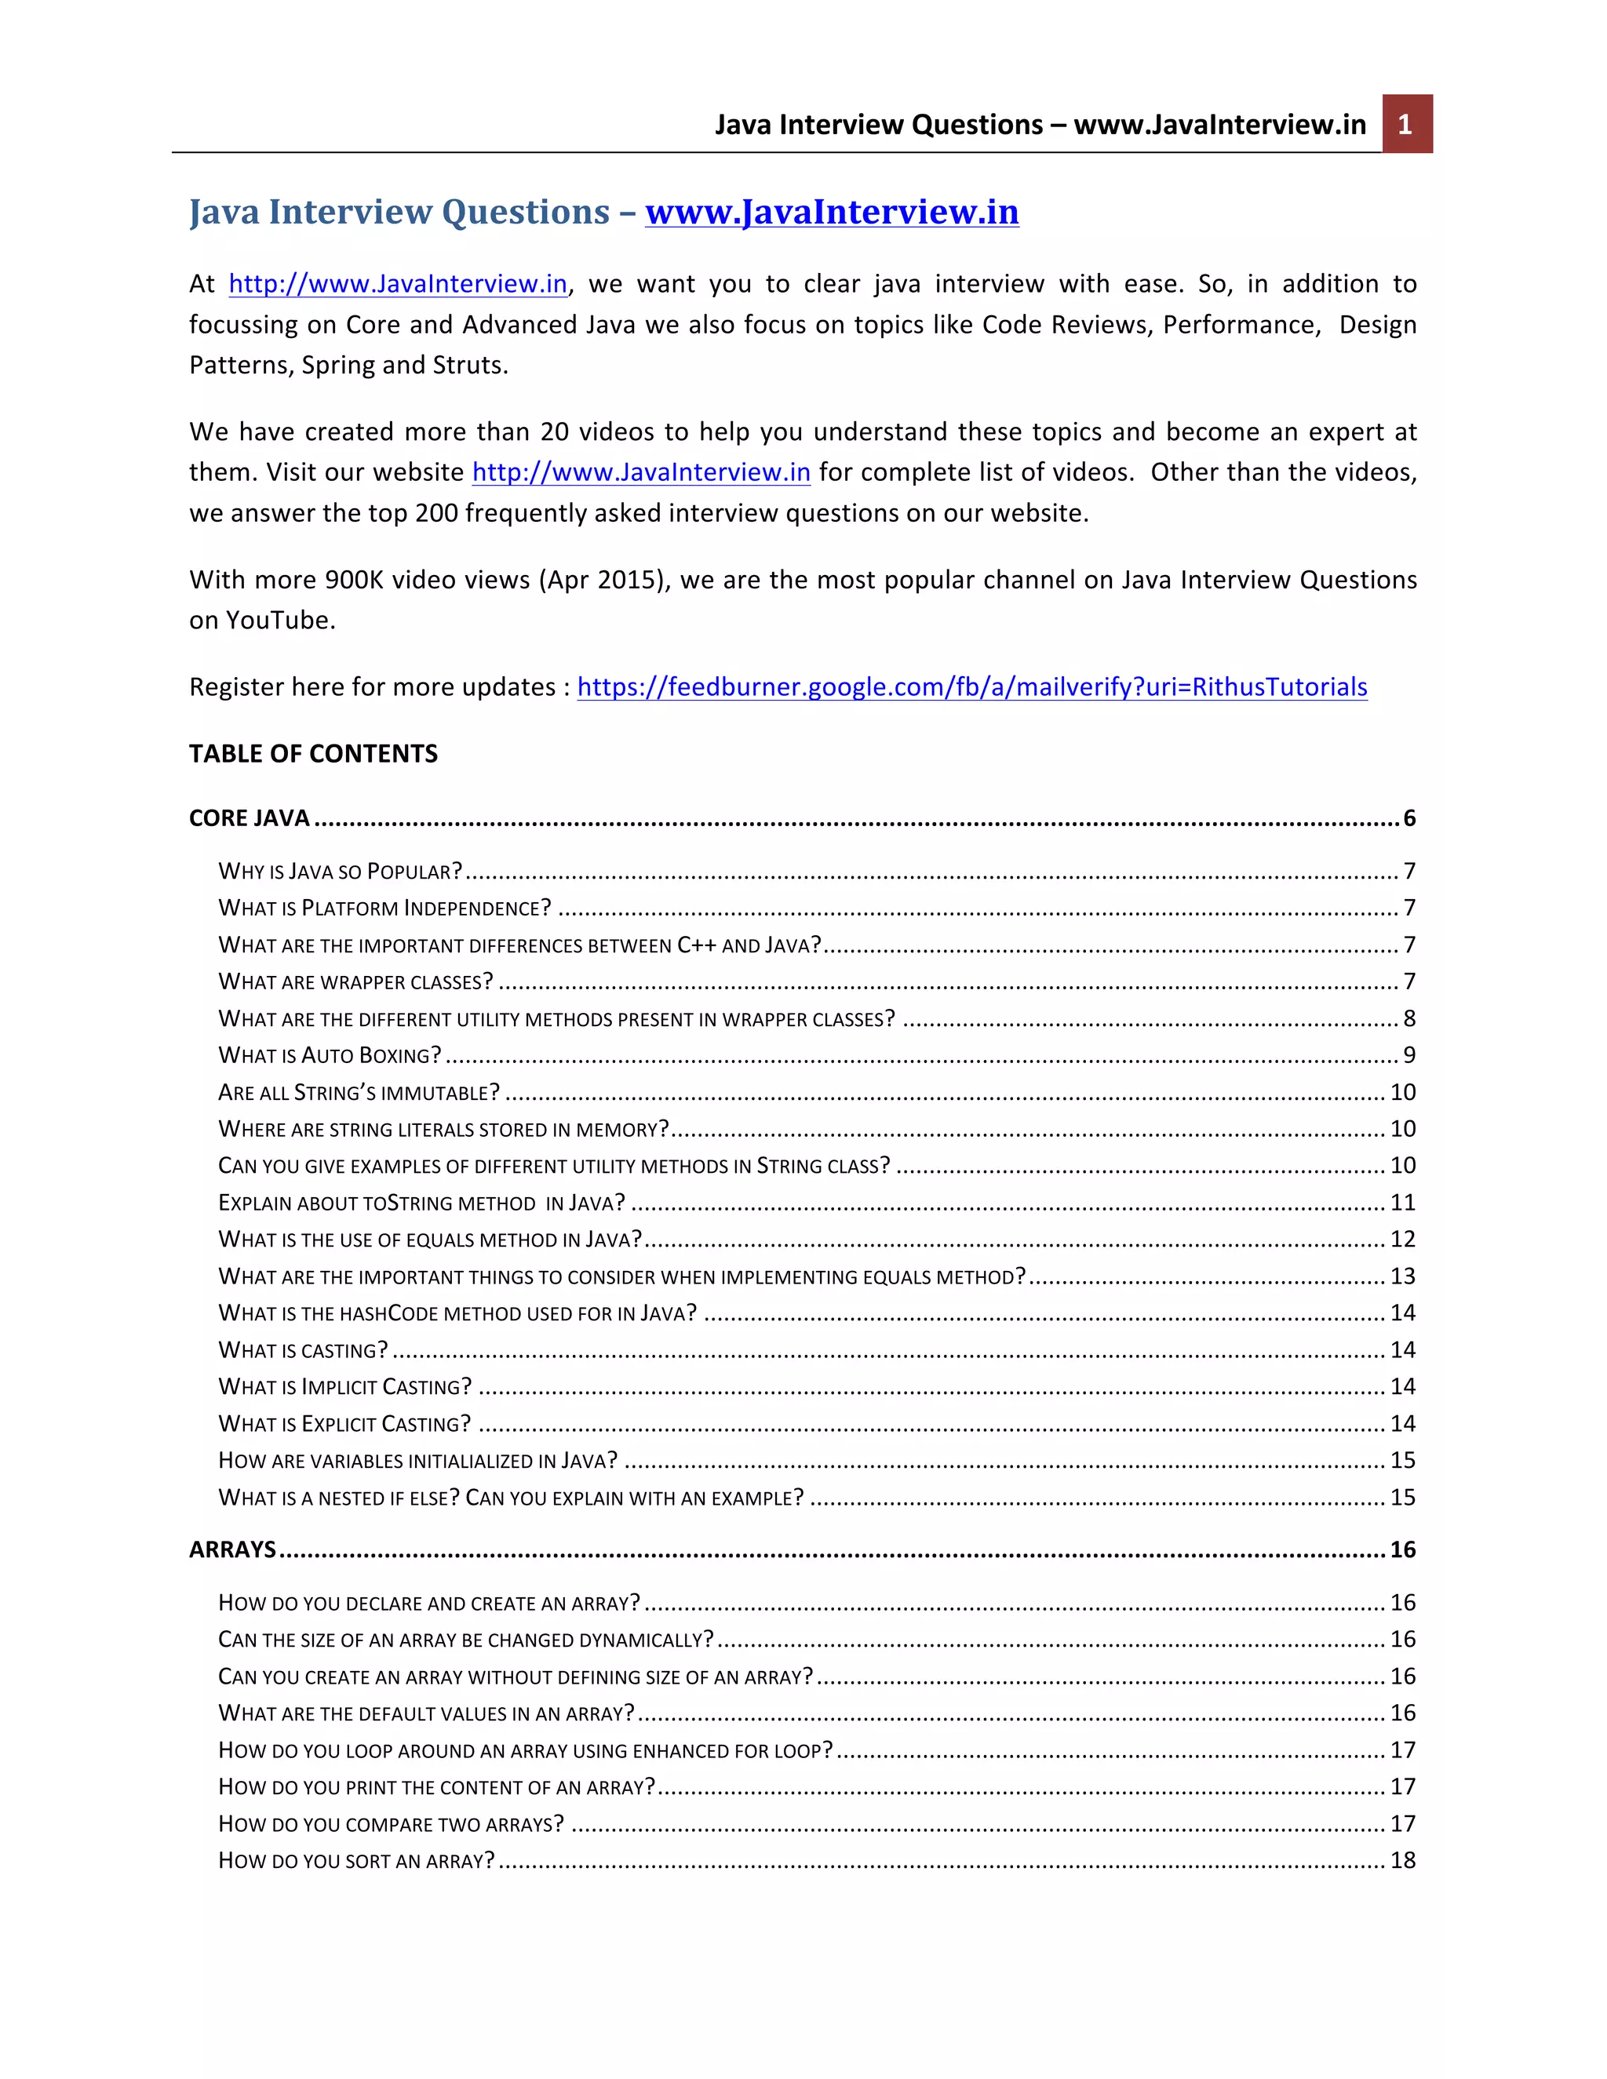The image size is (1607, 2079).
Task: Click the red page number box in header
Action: click(1406, 124)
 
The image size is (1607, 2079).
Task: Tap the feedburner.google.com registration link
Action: click(971, 686)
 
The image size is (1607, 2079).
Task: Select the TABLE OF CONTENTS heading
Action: click(313, 753)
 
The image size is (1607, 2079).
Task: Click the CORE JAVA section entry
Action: click(250, 817)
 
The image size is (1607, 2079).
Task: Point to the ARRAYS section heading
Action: click(232, 1549)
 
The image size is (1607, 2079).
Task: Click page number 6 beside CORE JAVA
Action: click(1409, 817)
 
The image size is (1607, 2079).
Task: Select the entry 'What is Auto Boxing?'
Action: click(330, 1054)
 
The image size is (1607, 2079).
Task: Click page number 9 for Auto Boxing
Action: click(1409, 1054)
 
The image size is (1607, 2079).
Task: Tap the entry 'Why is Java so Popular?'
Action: click(340, 871)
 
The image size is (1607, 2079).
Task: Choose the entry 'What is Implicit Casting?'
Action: click(344, 1386)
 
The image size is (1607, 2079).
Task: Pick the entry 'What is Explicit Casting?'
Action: click(344, 1423)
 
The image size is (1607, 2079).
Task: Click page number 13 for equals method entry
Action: click(1402, 1276)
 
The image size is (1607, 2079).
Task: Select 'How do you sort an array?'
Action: click(356, 1860)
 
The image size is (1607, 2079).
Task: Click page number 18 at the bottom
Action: click(1402, 1860)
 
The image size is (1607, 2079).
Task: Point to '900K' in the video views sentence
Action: click(353, 580)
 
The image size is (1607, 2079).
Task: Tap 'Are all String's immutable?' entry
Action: click(359, 1092)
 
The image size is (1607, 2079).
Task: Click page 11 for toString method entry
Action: click(1402, 1202)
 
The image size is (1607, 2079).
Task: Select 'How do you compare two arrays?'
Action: click(390, 1824)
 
